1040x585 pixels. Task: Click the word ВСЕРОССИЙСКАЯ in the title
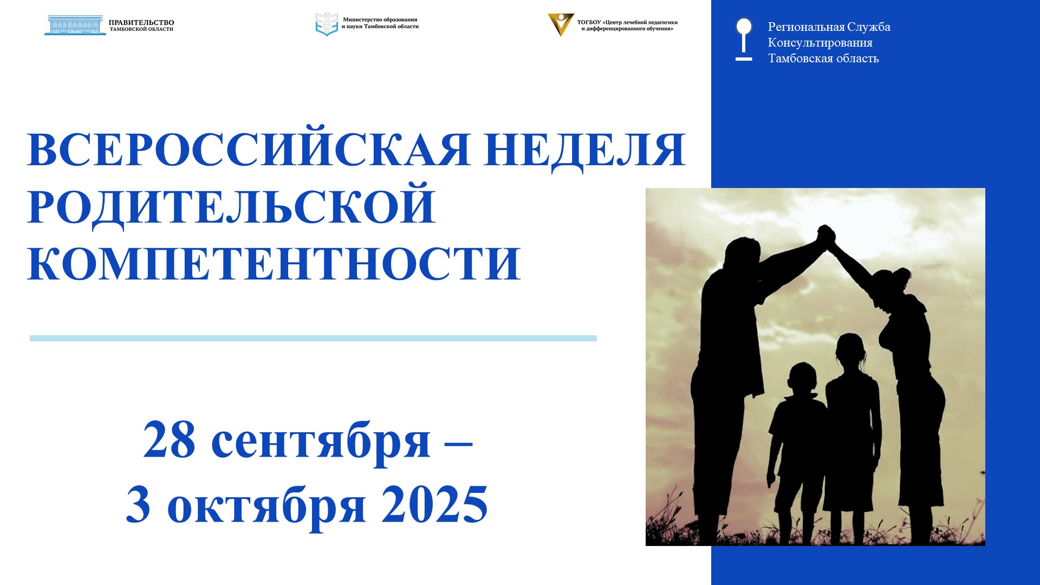[x=249, y=149]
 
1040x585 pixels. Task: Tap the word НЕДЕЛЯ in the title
[x=586, y=150]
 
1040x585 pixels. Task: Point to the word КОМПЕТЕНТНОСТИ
[x=274, y=264]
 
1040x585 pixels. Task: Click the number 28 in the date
[x=169, y=440]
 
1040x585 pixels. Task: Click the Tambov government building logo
[x=75, y=25]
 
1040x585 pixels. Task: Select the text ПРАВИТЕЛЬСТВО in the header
[x=141, y=23]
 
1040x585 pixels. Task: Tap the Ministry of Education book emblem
[x=327, y=24]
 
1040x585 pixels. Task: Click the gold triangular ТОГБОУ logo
[x=561, y=24]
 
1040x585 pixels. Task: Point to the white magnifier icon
[x=744, y=40]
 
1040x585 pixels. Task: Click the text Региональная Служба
[x=829, y=27]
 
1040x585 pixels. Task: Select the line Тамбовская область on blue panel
[x=823, y=58]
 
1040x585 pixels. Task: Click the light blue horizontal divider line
[x=313, y=338]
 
